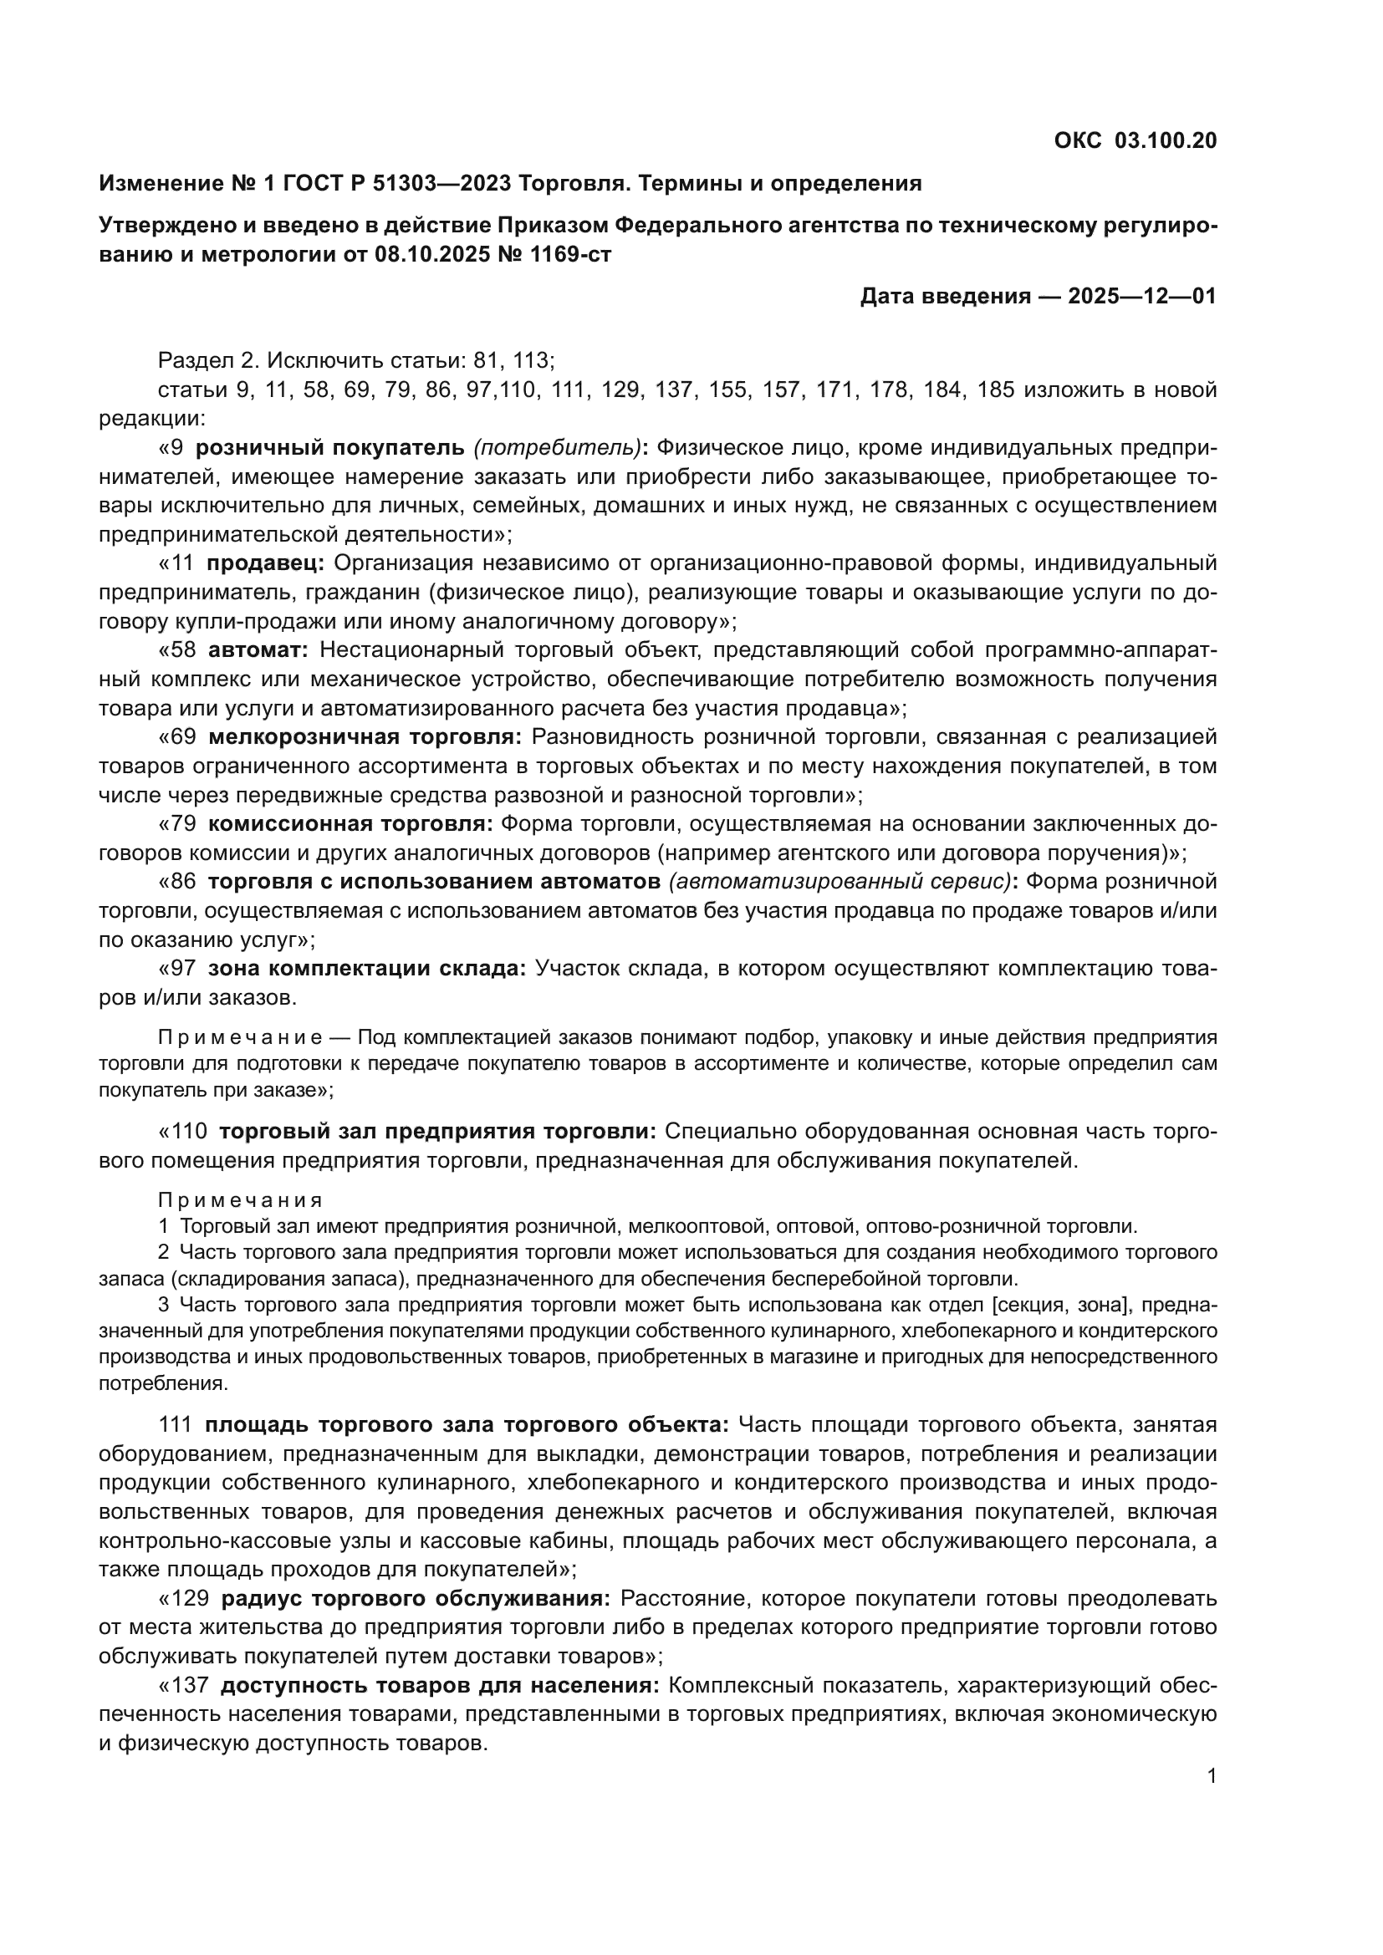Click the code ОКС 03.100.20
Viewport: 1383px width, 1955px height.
[x=1135, y=140]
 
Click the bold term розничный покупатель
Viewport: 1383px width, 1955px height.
[x=330, y=447]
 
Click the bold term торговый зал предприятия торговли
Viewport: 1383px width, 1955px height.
[x=437, y=1131]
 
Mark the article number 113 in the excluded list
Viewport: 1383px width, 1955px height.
[x=533, y=360]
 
